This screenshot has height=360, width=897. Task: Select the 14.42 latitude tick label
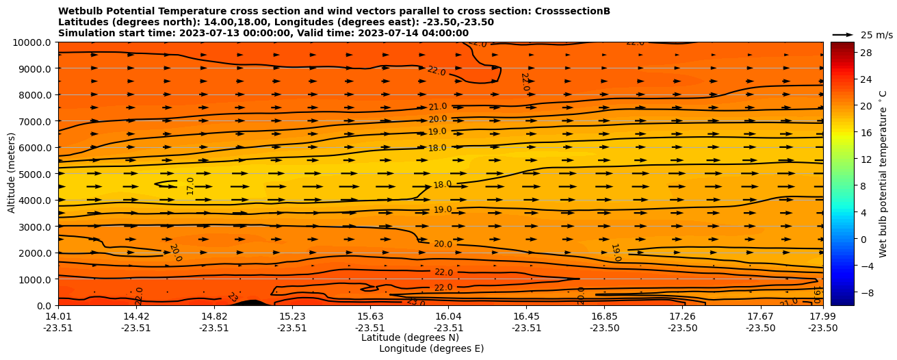click(x=136, y=316)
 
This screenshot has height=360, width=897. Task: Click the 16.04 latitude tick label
click(x=448, y=316)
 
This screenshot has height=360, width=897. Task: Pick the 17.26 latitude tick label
click(x=682, y=316)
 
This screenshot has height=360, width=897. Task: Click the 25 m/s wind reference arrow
click(x=843, y=34)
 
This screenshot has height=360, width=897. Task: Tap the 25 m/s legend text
click(x=876, y=35)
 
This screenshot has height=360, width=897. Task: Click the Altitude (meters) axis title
click(x=12, y=174)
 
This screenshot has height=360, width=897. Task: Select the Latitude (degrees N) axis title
click(x=410, y=337)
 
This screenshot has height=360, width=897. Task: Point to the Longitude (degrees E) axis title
click(x=431, y=348)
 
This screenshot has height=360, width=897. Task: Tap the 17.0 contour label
click(x=190, y=185)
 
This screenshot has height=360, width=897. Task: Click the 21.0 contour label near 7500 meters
click(x=437, y=107)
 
